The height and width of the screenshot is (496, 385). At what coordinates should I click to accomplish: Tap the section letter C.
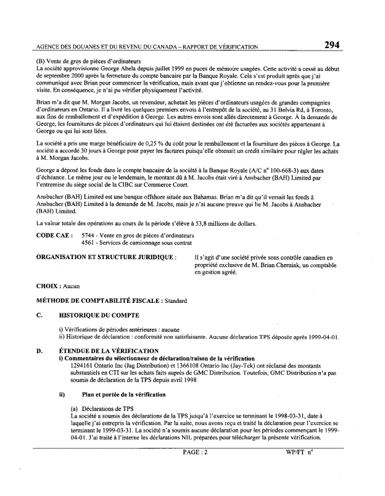[x=39, y=315]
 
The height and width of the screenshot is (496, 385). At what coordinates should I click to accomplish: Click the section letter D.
[x=39, y=350]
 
